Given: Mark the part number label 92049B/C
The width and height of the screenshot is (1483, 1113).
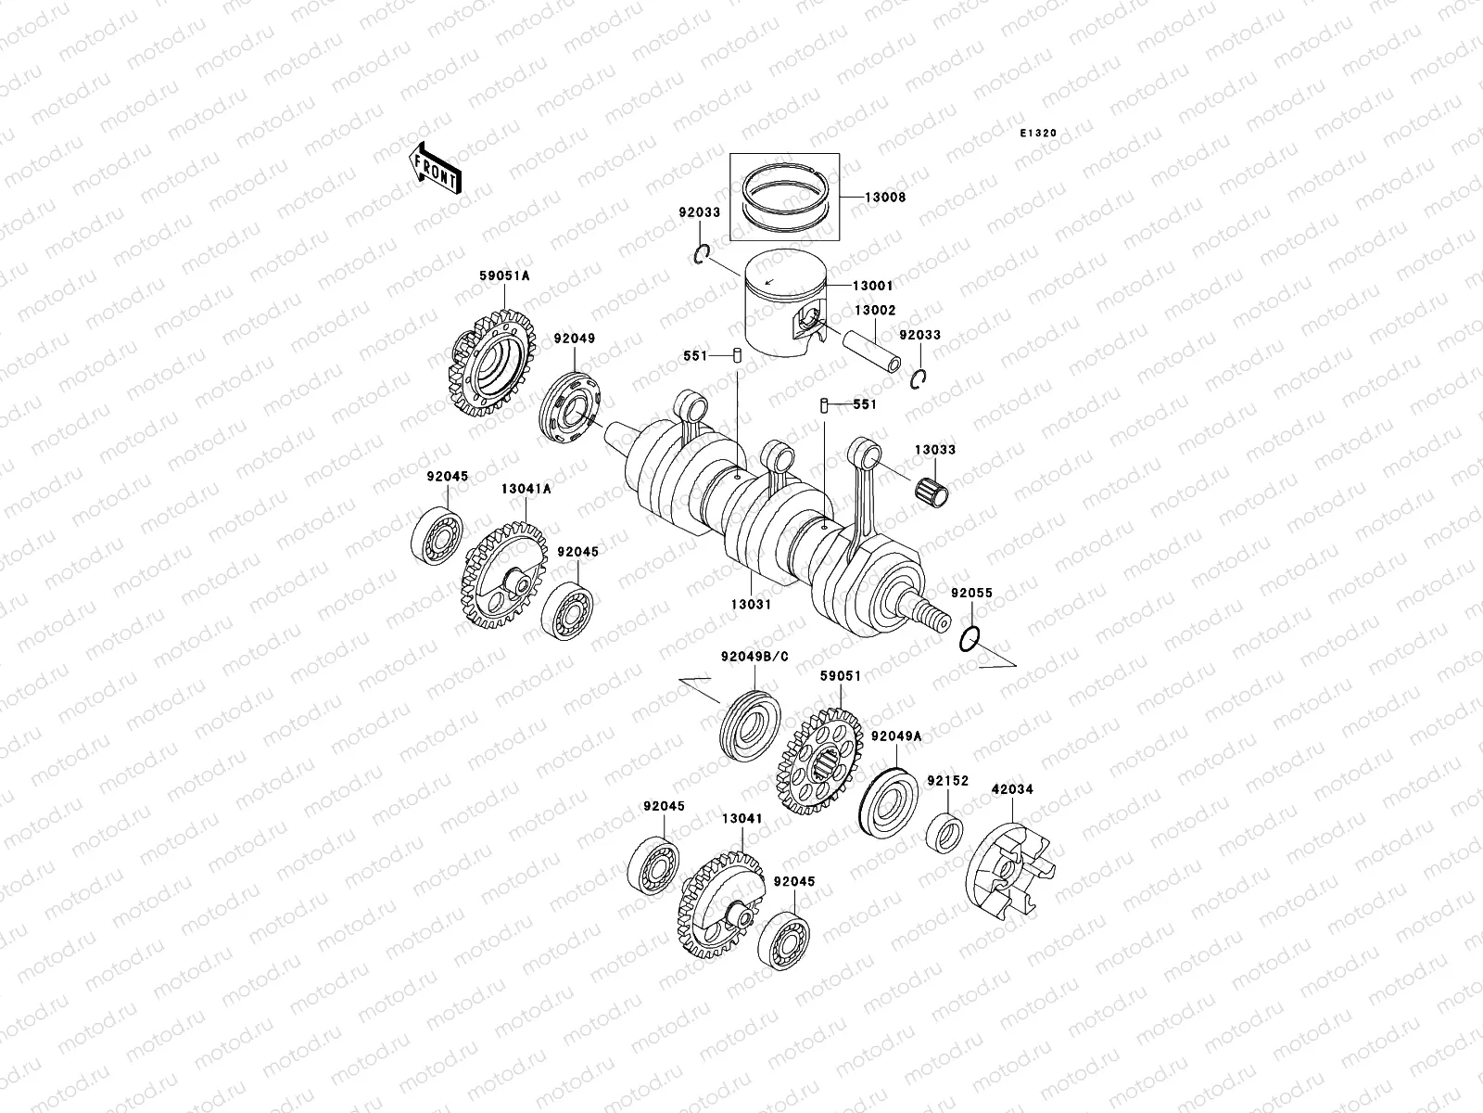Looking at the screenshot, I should [754, 658].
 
